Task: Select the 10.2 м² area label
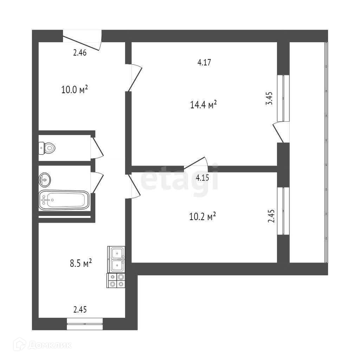click(202, 217)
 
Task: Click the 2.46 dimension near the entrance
click(80, 53)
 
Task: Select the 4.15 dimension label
click(202, 178)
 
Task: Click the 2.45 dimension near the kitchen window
click(80, 310)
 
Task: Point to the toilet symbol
click(47, 148)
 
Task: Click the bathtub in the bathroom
click(64, 200)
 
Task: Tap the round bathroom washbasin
click(44, 179)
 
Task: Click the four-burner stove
click(116, 280)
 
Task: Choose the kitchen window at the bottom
click(85, 323)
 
